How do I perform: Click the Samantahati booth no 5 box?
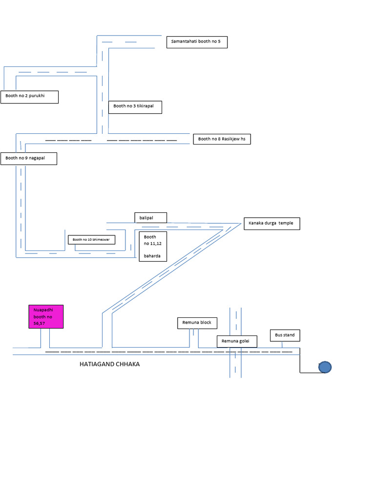(x=197, y=42)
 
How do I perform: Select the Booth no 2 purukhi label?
(x=29, y=97)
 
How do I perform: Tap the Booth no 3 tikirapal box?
(x=135, y=107)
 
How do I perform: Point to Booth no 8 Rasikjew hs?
(x=222, y=139)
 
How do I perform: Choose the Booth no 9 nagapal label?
(x=28, y=158)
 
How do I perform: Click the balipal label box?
(x=150, y=218)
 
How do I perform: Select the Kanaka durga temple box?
(x=271, y=224)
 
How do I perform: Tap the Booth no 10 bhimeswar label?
(x=91, y=240)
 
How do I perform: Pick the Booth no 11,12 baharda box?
(x=153, y=247)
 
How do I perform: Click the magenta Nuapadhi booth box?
(x=45, y=316)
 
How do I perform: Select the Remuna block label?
(x=197, y=323)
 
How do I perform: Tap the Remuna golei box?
(x=236, y=341)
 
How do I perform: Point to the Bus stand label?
(x=285, y=335)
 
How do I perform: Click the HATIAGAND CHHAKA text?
(x=109, y=364)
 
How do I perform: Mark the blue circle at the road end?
(x=325, y=367)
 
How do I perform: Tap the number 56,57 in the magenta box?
(x=39, y=323)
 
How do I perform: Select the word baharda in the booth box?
(x=152, y=256)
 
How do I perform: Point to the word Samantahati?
(x=183, y=42)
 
